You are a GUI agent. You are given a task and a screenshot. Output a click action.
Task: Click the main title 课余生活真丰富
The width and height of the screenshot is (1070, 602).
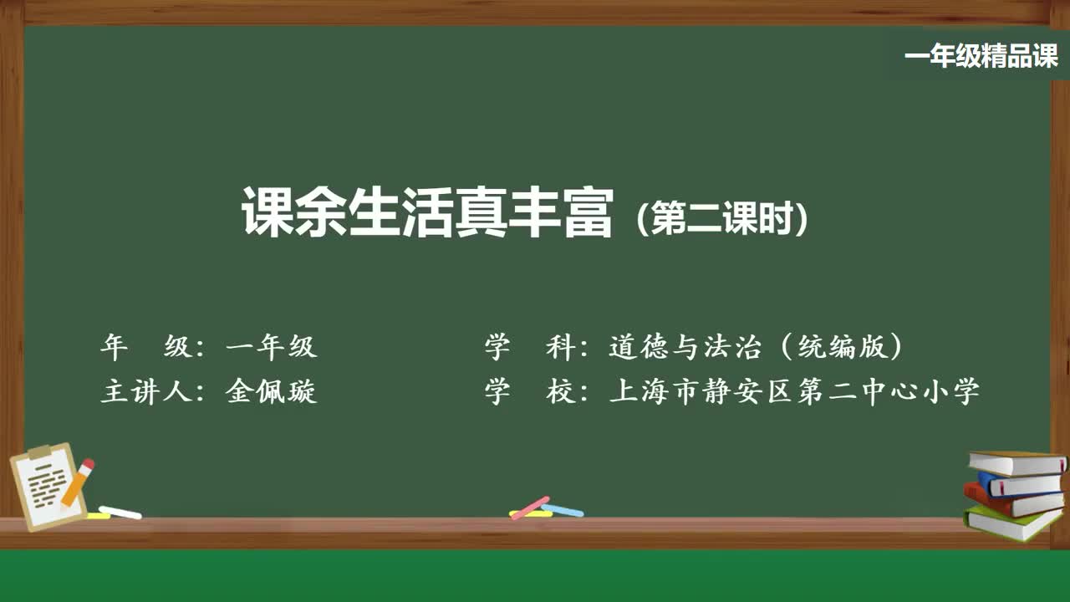click(427, 213)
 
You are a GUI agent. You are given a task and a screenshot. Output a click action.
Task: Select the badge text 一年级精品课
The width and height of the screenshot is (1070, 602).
click(981, 57)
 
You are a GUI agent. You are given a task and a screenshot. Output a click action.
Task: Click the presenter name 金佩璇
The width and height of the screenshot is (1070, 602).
click(272, 390)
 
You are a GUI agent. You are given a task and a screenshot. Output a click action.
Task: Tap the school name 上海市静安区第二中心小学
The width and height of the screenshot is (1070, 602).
click(794, 390)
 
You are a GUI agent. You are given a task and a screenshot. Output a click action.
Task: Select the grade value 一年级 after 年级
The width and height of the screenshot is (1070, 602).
click(272, 346)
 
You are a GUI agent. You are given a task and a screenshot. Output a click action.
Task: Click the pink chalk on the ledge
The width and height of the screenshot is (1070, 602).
click(530, 507)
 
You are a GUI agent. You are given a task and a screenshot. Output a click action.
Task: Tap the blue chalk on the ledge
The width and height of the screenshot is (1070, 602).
click(563, 509)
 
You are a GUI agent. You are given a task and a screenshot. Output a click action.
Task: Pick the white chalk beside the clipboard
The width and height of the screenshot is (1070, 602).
click(120, 512)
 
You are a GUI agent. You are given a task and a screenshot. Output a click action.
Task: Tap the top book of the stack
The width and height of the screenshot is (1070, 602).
click(1016, 462)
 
